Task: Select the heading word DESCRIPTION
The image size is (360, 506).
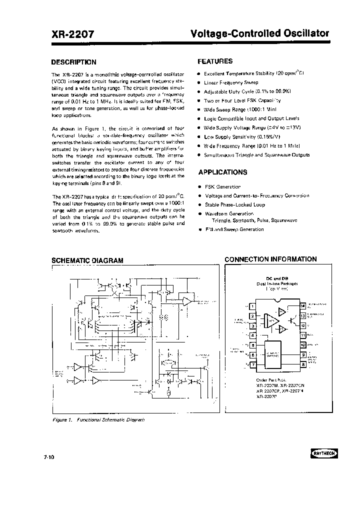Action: coord(74,62)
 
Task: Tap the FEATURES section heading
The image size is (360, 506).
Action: coord(215,61)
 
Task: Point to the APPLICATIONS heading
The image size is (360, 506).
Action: coord(222,172)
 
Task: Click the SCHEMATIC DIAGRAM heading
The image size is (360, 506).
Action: coord(87,260)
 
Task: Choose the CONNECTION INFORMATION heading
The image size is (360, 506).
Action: coord(270,259)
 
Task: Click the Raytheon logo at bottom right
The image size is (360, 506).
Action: coord(324,453)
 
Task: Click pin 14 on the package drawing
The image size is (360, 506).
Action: coord(302,305)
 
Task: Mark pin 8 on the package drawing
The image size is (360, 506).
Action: coord(302,364)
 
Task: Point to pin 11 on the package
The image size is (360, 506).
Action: coord(302,335)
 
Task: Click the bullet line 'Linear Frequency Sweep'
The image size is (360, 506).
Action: coord(230,82)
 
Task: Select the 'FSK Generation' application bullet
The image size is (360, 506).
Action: coord(222,186)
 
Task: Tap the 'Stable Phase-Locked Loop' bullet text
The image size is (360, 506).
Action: coord(234,205)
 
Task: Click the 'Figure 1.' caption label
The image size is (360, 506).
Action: coord(63,420)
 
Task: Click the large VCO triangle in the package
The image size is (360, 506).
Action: coord(270,320)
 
